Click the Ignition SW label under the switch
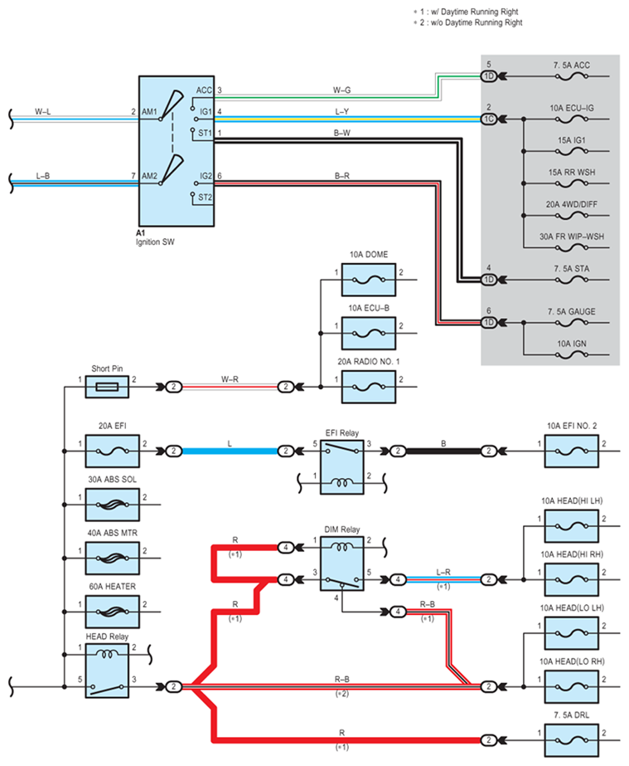click(x=156, y=242)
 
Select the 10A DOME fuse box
click(x=369, y=282)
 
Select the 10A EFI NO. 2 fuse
click(x=571, y=451)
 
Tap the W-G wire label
click(x=341, y=87)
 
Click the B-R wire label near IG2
click(x=341, y=175)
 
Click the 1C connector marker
click(x=489, y=119)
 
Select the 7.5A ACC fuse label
click(x=569, y=65)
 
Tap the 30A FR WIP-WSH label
click(x=571, y=236)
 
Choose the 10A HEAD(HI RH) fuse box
click(x=571, y=574)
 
